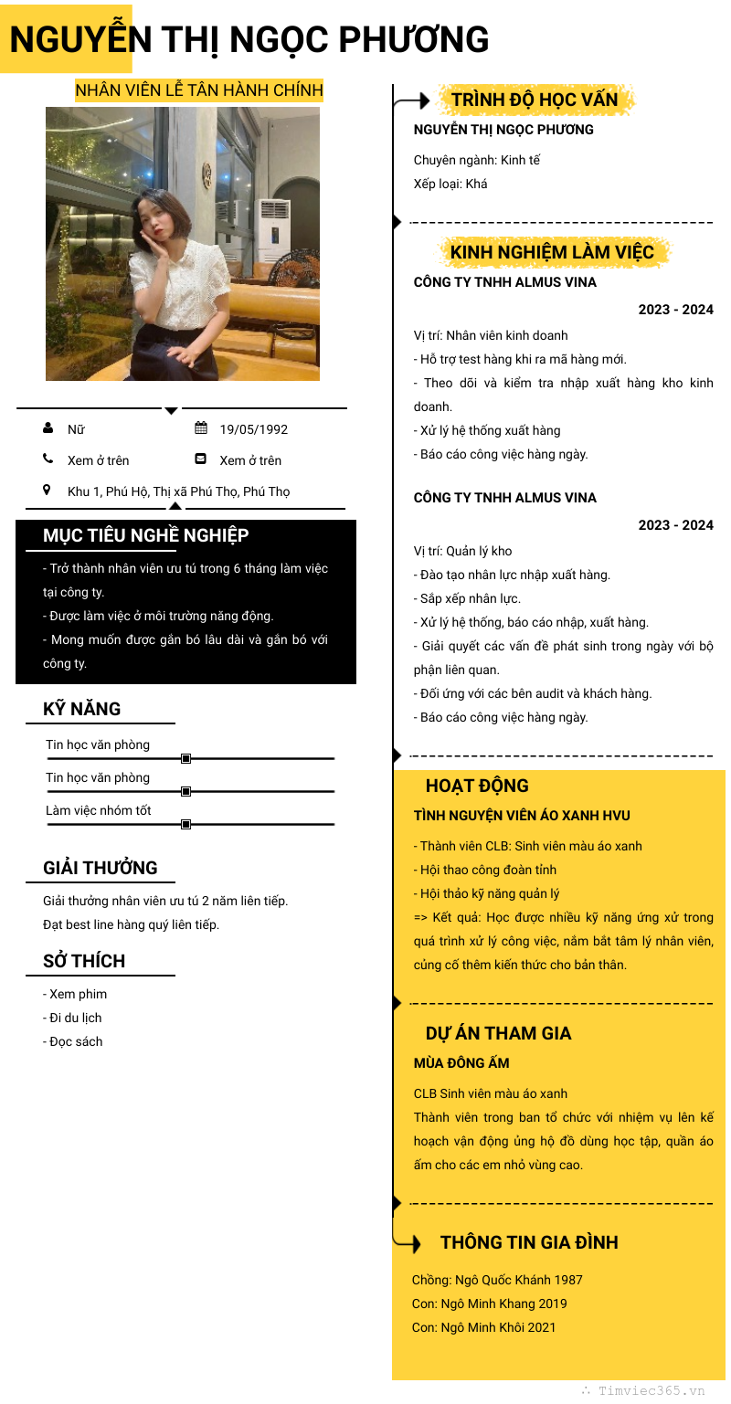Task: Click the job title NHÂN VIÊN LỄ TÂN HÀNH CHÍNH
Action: [198, 90]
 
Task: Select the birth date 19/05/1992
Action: [253, 429]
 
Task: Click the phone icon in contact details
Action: [48, 459]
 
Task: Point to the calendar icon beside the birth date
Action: [201, 428]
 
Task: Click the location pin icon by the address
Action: [48, 491]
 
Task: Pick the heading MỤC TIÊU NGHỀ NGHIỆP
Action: [145, 535]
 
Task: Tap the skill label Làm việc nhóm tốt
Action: [99, 810]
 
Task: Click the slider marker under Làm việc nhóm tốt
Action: [185, 824]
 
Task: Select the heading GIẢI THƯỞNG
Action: [101, 868]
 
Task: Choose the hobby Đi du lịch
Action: [72, 1018]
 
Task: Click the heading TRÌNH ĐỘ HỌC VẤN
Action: [535, 100]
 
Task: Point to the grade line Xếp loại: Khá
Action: [450, 184]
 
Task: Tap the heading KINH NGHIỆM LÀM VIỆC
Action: [552, 252]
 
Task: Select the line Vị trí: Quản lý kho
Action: [462, 551]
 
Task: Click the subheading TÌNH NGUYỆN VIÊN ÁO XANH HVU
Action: [522, 816]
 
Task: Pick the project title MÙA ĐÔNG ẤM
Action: [461, 1063]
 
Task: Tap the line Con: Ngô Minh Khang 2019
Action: [489, 1304]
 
